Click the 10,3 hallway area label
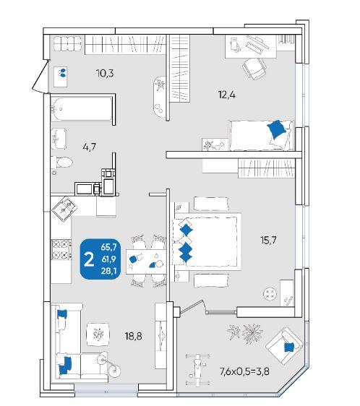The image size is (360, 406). (x=105, y=74)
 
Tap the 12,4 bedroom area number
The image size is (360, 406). (x=227, y=95)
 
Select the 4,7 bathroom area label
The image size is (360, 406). (x=90, y=147)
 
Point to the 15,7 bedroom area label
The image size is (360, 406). (x=268, y=241)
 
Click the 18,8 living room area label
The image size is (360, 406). (x=133, y=336)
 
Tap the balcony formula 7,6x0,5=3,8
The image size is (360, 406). (x=244, y=372)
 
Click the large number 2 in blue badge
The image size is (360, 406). (x=89, y=260)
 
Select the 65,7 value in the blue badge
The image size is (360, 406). (x=109, y=247)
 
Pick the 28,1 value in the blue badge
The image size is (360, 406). (x=109, y=271)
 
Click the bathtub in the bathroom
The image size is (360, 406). (x=82, y=109)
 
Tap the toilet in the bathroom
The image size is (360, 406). (x=61, y=163)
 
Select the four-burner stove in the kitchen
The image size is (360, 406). (x=61, y=249)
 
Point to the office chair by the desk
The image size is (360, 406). (x=254, y=69)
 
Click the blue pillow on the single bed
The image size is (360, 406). (x=277, y=129)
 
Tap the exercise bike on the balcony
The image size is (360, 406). (x=198, y=369)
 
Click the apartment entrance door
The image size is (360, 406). (x=41, y=76)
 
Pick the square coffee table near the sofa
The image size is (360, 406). (x=98, y=334)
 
